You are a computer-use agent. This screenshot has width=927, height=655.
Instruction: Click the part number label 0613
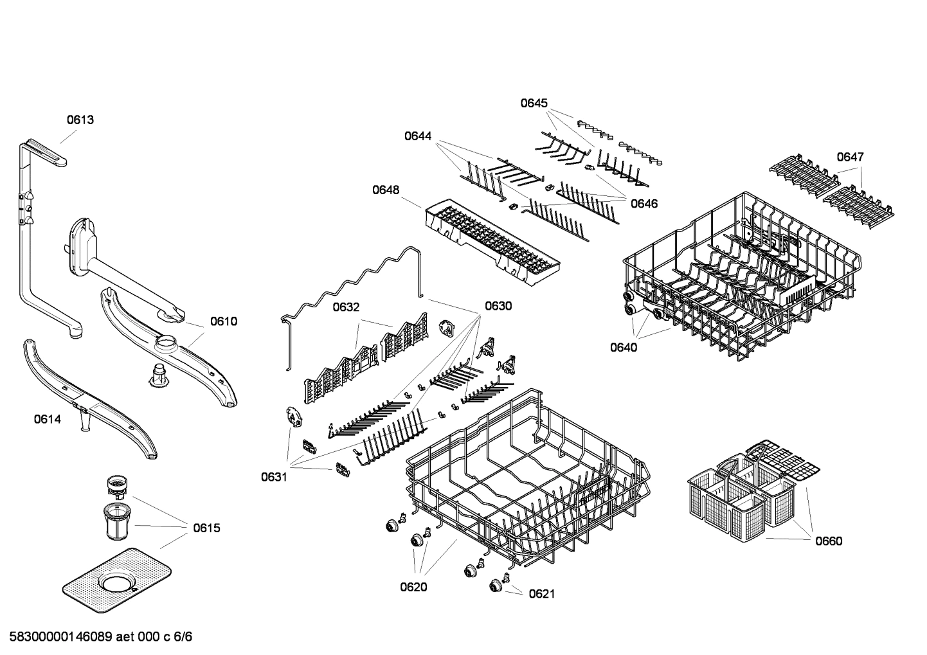80,120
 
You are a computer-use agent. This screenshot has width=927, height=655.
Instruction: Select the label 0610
224,321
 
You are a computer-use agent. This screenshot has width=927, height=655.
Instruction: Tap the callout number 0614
48,420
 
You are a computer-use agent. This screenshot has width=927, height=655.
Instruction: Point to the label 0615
206,528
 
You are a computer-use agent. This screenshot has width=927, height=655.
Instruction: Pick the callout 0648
385,190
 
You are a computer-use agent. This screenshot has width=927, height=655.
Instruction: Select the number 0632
346,307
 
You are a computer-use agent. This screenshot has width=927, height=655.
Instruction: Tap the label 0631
274,477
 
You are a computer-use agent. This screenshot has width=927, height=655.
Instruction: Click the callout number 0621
541,594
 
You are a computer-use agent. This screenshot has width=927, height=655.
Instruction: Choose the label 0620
413,587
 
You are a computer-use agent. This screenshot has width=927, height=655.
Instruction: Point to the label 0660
829,541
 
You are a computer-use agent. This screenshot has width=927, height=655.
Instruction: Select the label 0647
850,157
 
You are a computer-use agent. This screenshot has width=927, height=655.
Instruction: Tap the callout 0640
624,348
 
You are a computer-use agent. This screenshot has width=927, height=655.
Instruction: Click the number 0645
534,103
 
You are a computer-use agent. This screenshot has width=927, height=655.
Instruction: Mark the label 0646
643,204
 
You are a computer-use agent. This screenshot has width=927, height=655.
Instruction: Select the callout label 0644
418,136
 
